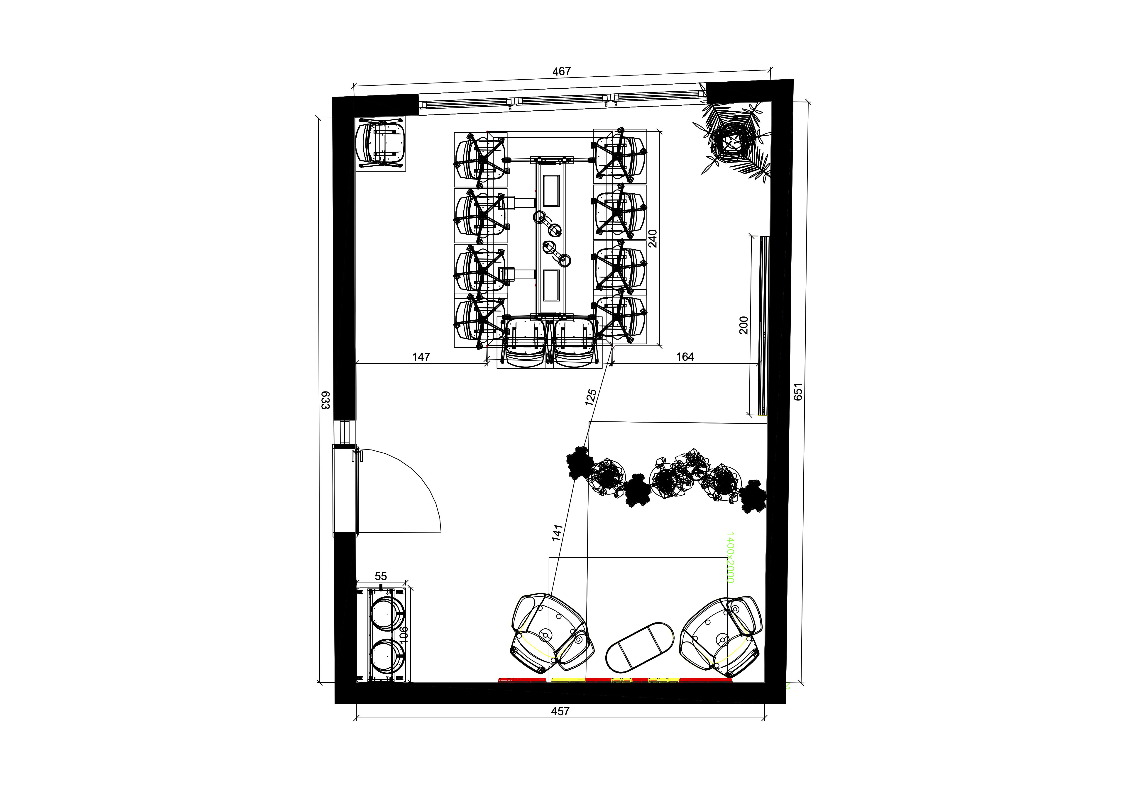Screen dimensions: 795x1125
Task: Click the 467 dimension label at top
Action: click(x=562, y=71)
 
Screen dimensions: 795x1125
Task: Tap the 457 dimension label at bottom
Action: click(x=560, y=711)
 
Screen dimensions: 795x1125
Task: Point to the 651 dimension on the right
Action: click(x=798, y=392)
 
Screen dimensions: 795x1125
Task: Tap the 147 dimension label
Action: click(x=421, y=357)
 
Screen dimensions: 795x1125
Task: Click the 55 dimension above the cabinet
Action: click(x=381, y=576)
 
